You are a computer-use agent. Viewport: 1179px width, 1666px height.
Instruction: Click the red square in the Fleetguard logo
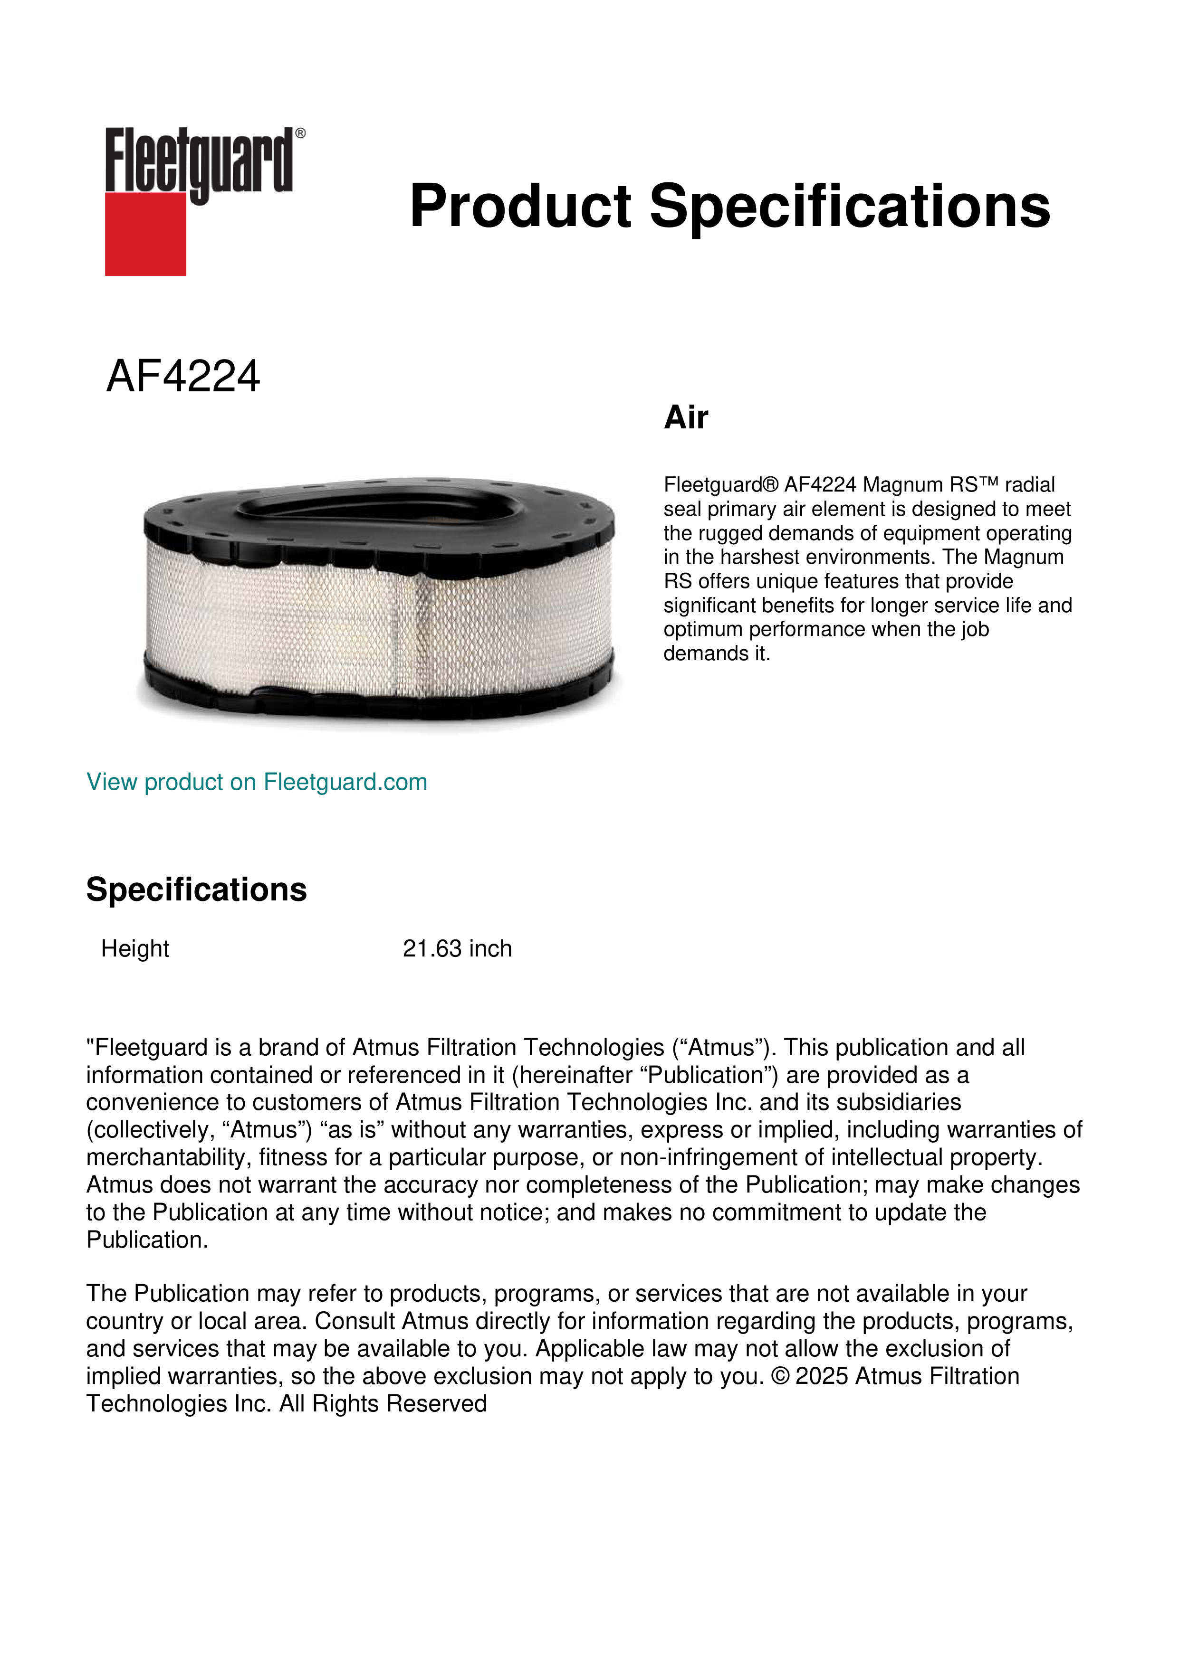point(145,234)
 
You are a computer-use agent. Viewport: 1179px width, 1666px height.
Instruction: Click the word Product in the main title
point(520,206)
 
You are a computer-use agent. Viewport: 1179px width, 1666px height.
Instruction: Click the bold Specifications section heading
point(196,890)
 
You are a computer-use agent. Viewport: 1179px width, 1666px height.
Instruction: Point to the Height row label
point(135,948)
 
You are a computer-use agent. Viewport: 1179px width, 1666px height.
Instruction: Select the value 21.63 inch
point(457,948)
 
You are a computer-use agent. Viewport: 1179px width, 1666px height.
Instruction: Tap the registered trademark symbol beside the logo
point(300,133)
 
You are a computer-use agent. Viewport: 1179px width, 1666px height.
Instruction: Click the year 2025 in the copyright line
point(822,1376)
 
